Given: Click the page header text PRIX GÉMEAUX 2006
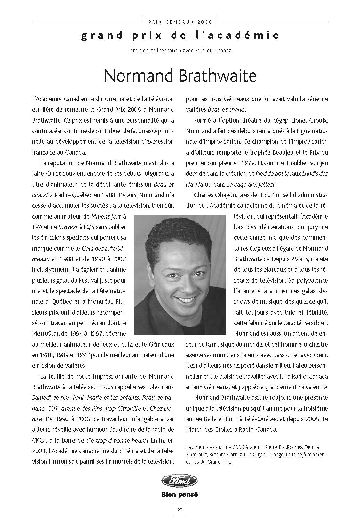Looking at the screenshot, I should [x=180, y=22].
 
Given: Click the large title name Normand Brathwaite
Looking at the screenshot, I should [x=180, y=76].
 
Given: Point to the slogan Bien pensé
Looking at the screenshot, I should [x=180, y=494].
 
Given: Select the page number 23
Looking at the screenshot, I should [x=180, y=510].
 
